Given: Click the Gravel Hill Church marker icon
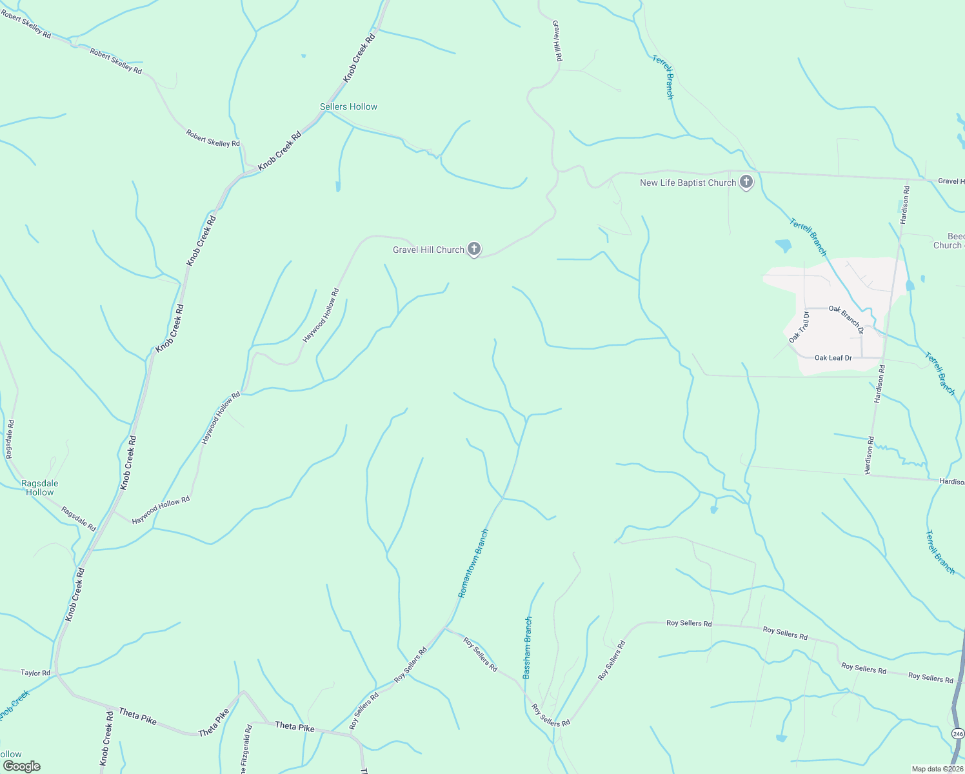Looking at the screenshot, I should (x=474, y=249).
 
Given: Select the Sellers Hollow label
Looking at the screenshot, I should (x=348, y=106).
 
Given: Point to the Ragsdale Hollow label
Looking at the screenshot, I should (x=40, y=488).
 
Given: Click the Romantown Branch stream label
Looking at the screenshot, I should (x=473, y=563).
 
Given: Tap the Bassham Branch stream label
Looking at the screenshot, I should (x=527, y=648).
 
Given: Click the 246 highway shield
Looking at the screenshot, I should (x=958, y=734).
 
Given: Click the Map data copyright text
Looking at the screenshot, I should (x=937, y=769).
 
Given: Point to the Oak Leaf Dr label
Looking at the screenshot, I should (x=833, y=357).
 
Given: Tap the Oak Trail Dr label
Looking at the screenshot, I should (x=799, y=327).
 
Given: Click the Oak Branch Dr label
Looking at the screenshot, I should (x=846, y=319).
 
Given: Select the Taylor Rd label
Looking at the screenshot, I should (x=35, y=673).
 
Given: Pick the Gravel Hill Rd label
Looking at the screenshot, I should (x=557, y=41).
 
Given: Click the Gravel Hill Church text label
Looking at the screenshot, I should (x=428, y=250).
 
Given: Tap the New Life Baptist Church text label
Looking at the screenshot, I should (x=688, y=183).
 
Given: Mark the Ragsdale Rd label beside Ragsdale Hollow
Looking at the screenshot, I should (x=79, y=519).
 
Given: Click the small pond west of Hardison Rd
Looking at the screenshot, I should (x=783, y=245).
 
